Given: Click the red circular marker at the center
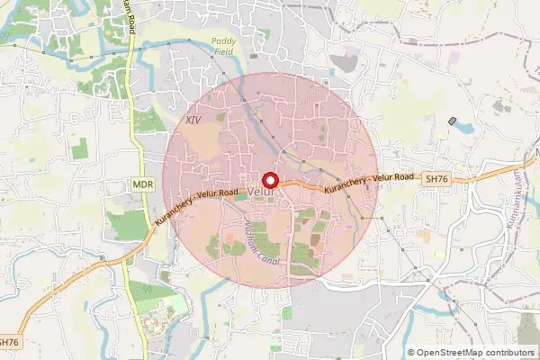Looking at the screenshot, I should point(269,180).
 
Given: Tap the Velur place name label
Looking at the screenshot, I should point(260,193).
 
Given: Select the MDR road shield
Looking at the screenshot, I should point(142,184).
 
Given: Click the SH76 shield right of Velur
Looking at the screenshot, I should point(436,180).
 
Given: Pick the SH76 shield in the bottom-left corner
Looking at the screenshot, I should point(9,342).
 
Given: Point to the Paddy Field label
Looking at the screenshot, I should point(221,46).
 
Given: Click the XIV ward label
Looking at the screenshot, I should point(192,120).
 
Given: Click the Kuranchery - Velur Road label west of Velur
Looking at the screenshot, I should point(195,206).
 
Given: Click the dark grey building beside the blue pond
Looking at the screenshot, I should point(453,121).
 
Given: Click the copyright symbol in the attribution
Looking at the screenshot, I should point(412,352).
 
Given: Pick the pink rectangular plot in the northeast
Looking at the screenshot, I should point(454,58).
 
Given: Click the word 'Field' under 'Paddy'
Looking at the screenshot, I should point(221,51).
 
